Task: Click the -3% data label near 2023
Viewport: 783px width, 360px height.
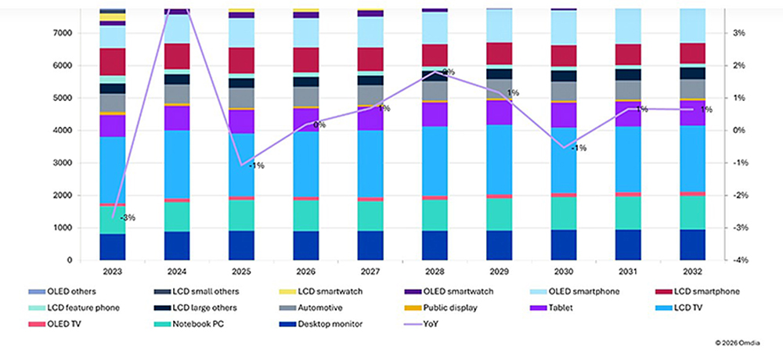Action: (x=127, y=218)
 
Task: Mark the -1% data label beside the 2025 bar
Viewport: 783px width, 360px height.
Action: (x=256, y=165)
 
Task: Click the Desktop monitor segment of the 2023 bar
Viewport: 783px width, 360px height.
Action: (x=113, y=247)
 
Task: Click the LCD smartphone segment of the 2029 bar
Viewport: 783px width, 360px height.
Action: (x=500, y=53)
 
